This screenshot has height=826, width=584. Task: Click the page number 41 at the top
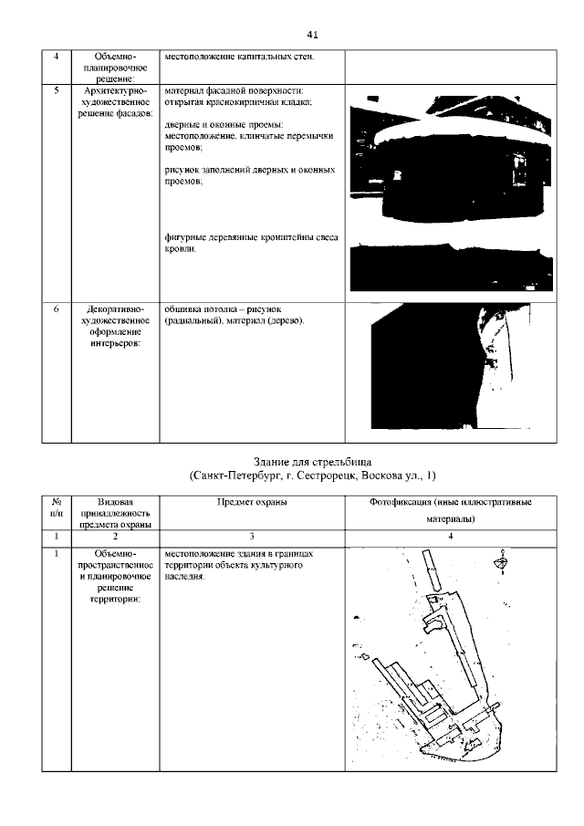tap(312, 35)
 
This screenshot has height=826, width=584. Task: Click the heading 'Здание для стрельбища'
tap(312, 461)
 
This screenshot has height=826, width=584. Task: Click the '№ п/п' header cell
tap(57, 508)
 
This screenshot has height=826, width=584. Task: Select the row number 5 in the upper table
tap(57, 90)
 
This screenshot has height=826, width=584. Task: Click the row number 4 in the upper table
tap(57, 58)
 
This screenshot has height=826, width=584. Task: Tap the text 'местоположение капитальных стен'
tap(239, 58)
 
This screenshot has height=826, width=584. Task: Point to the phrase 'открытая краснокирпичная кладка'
tap(239, 102)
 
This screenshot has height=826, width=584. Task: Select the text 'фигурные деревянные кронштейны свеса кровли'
tap(251, 243)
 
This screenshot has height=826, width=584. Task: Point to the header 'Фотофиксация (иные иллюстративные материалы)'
tap(451, 512)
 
